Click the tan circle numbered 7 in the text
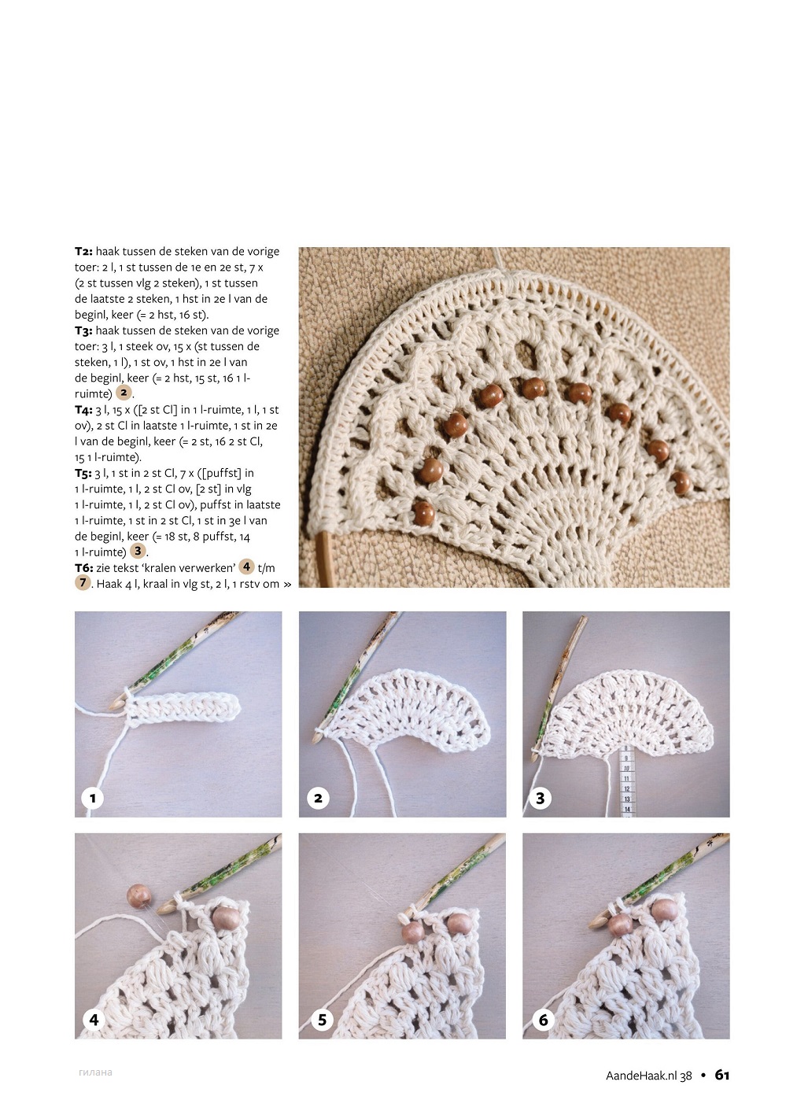pos(83,582)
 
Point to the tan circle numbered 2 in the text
pos(124,393)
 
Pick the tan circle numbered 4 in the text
pos(246,567)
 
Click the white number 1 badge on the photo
pos(92,798)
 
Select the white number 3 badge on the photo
pos(540,798)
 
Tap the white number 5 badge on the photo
pos(322,1020)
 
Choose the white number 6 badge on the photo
pos(543,1020)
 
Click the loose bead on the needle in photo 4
pos(138,895)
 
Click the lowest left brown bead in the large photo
pos(423,513)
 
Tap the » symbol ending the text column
pos(287,585)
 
